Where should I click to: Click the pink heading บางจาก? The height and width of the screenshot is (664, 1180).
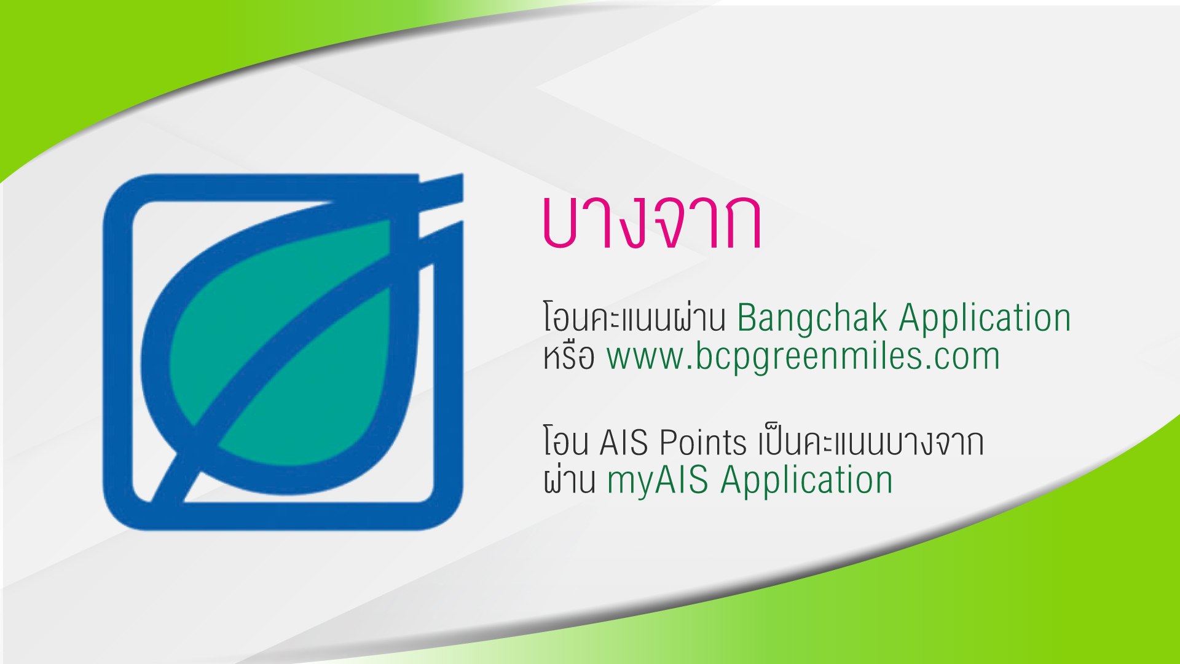(651, 223)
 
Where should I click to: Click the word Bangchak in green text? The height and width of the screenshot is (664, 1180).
(812, 318)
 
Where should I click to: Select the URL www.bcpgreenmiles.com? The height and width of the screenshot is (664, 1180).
(803, 357)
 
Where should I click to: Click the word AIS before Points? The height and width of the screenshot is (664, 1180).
(623, 443)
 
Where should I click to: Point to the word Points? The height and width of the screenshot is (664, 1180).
(702, 443)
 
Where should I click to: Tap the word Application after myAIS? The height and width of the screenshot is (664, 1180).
(806, 480)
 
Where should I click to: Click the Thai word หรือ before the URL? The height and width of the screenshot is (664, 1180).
(568, 357)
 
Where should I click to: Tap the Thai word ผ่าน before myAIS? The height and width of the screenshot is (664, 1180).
(569, 480)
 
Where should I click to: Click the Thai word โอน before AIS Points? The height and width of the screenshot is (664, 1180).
(565, 443)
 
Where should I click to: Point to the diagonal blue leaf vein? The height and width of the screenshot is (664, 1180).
(289, 344)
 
